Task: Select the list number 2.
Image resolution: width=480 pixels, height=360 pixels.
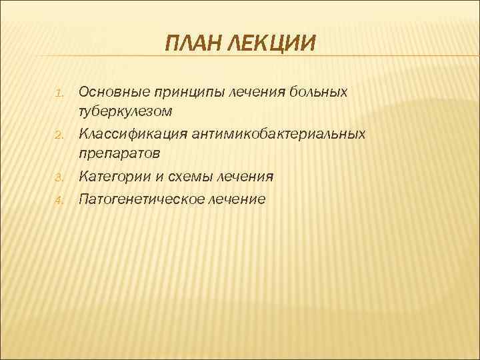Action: pyautogui.click(x=59, y=135)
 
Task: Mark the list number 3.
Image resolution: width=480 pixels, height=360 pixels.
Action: pyautogui.click(x=59, y=178)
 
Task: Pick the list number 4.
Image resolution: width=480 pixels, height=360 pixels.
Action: pyautogui.click(x=59, y=200)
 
